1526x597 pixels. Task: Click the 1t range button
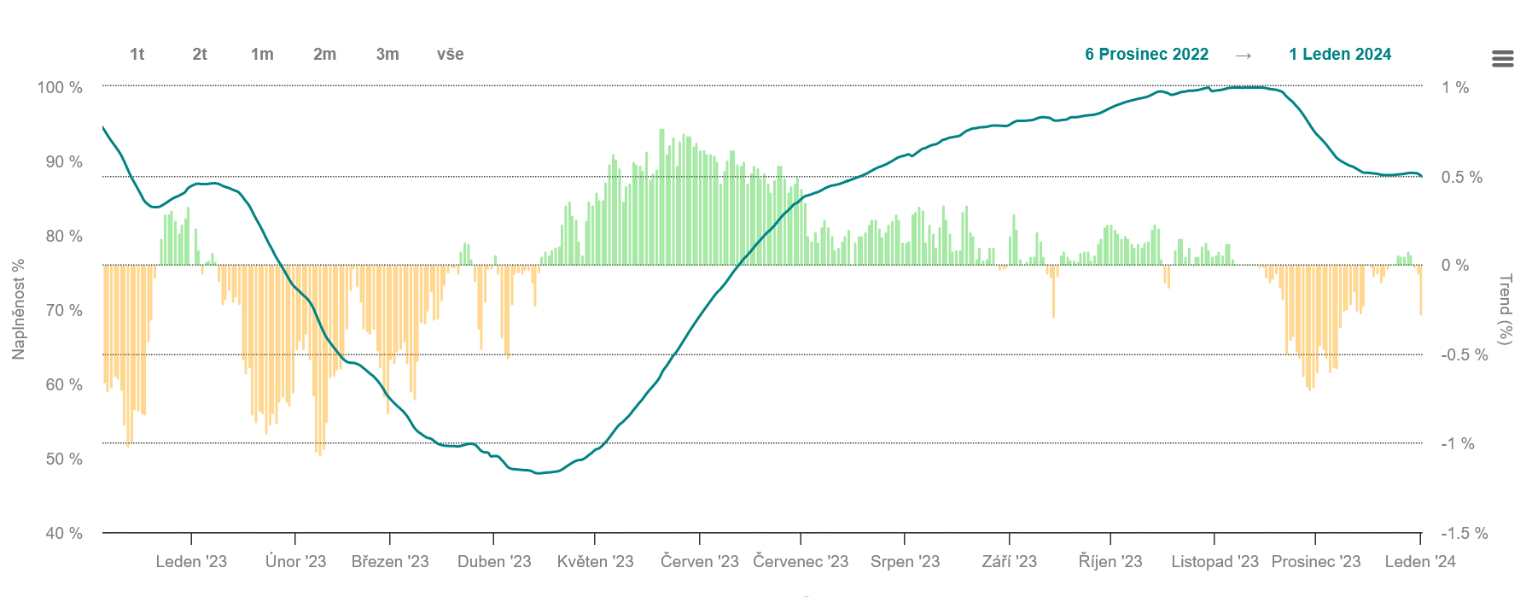pos(137,55)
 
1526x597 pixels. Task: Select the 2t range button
pos(200,55)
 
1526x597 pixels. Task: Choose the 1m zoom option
pos(262,55)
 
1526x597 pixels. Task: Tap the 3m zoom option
pos(387,55)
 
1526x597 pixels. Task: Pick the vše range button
pos(450,55)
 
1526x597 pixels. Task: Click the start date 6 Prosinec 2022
pos(1146,55)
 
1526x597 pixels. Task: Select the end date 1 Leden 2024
pos(1340,55)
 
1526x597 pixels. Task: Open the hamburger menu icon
pos(1503,58)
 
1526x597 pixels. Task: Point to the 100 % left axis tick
pos(60,87)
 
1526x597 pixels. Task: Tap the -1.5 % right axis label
pos(1465,533)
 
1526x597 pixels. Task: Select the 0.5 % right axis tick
pos(1462,177)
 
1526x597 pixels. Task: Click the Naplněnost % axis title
pos(18,309)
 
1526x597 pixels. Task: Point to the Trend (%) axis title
pos(1506,309)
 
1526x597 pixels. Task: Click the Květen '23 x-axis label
pos(595,561)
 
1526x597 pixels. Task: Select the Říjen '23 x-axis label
pos(1110,561)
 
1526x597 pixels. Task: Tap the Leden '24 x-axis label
pos(1420,561)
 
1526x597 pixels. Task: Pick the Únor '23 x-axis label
pos(295,561)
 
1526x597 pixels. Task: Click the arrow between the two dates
pos(1244,56)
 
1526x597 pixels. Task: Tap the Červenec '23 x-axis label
pos(801,561)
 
